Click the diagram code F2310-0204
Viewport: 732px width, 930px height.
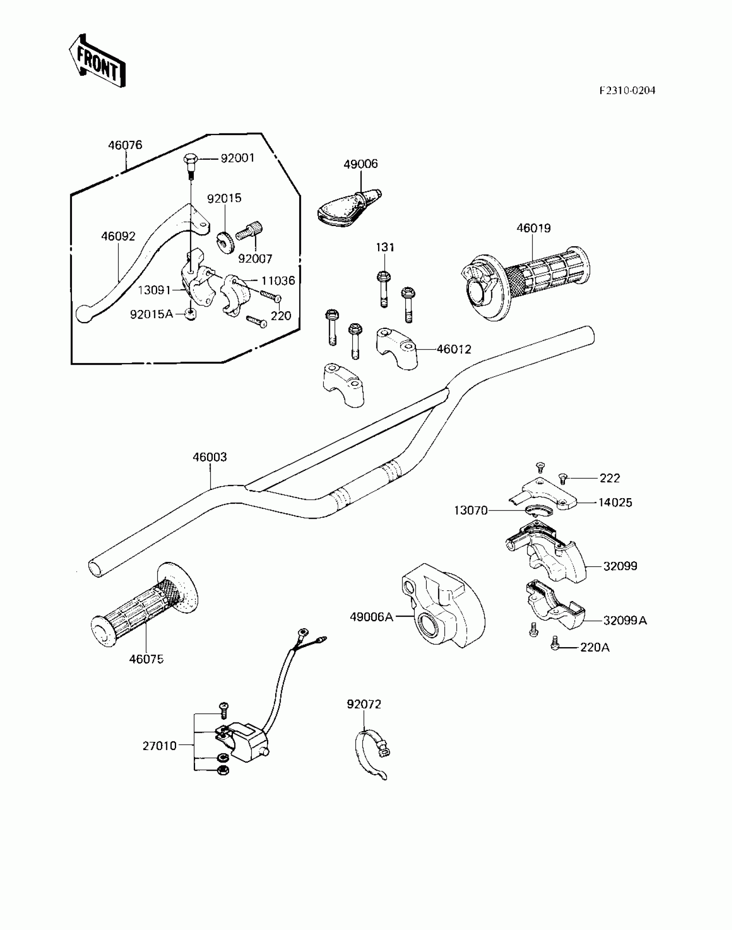tap(627, 90)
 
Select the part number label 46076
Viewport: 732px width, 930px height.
tap(125, 145)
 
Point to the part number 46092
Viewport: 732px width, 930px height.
tap(118, 236)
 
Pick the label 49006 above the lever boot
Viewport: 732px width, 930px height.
tap(360, 164)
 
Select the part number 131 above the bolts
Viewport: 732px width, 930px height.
tap(385, 247)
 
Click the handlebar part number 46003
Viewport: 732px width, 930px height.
tap(210, 457)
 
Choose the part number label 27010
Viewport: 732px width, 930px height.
tap(160, 746)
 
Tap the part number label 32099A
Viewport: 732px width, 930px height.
tap(625, 620)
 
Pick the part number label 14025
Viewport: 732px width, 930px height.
tap(615, 502)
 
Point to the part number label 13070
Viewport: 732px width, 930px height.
tap(471, 511)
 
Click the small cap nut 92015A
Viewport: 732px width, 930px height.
tap(190, 315)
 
